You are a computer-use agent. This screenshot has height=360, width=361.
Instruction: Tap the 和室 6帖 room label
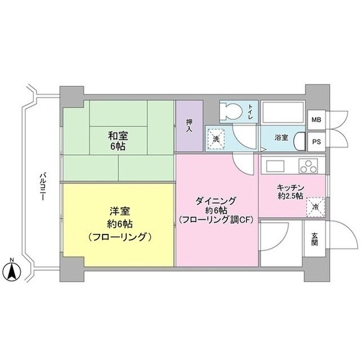(117, 140)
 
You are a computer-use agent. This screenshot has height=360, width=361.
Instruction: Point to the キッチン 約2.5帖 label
(290, 191)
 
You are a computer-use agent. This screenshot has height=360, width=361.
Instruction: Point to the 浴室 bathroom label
(281, 137)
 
